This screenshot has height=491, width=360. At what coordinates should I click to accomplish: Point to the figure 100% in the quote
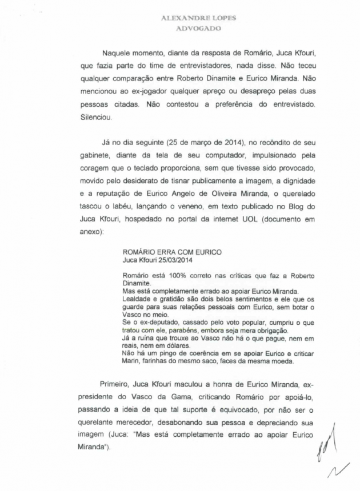[x=171, y=275]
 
